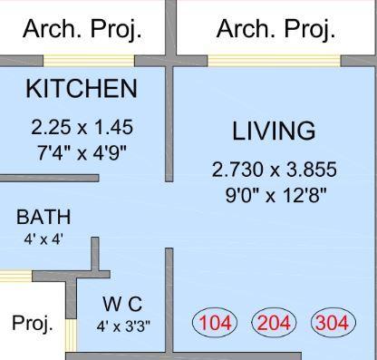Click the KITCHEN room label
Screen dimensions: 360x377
82,89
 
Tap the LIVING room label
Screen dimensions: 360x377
274,131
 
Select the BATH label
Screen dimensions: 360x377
43,218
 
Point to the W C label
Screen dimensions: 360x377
122,303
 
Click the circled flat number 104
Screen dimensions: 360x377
216,323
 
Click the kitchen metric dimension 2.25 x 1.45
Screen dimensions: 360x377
82,128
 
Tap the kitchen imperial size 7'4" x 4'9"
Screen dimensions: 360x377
82,151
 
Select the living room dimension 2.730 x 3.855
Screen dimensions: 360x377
274,170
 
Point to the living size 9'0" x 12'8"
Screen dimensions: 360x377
274,193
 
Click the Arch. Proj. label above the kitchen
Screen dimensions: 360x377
82,29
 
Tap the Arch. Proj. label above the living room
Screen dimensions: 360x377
275,29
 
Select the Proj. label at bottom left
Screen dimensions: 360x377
33,323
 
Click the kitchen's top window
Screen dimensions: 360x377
88,61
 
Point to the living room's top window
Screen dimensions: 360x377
274,61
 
